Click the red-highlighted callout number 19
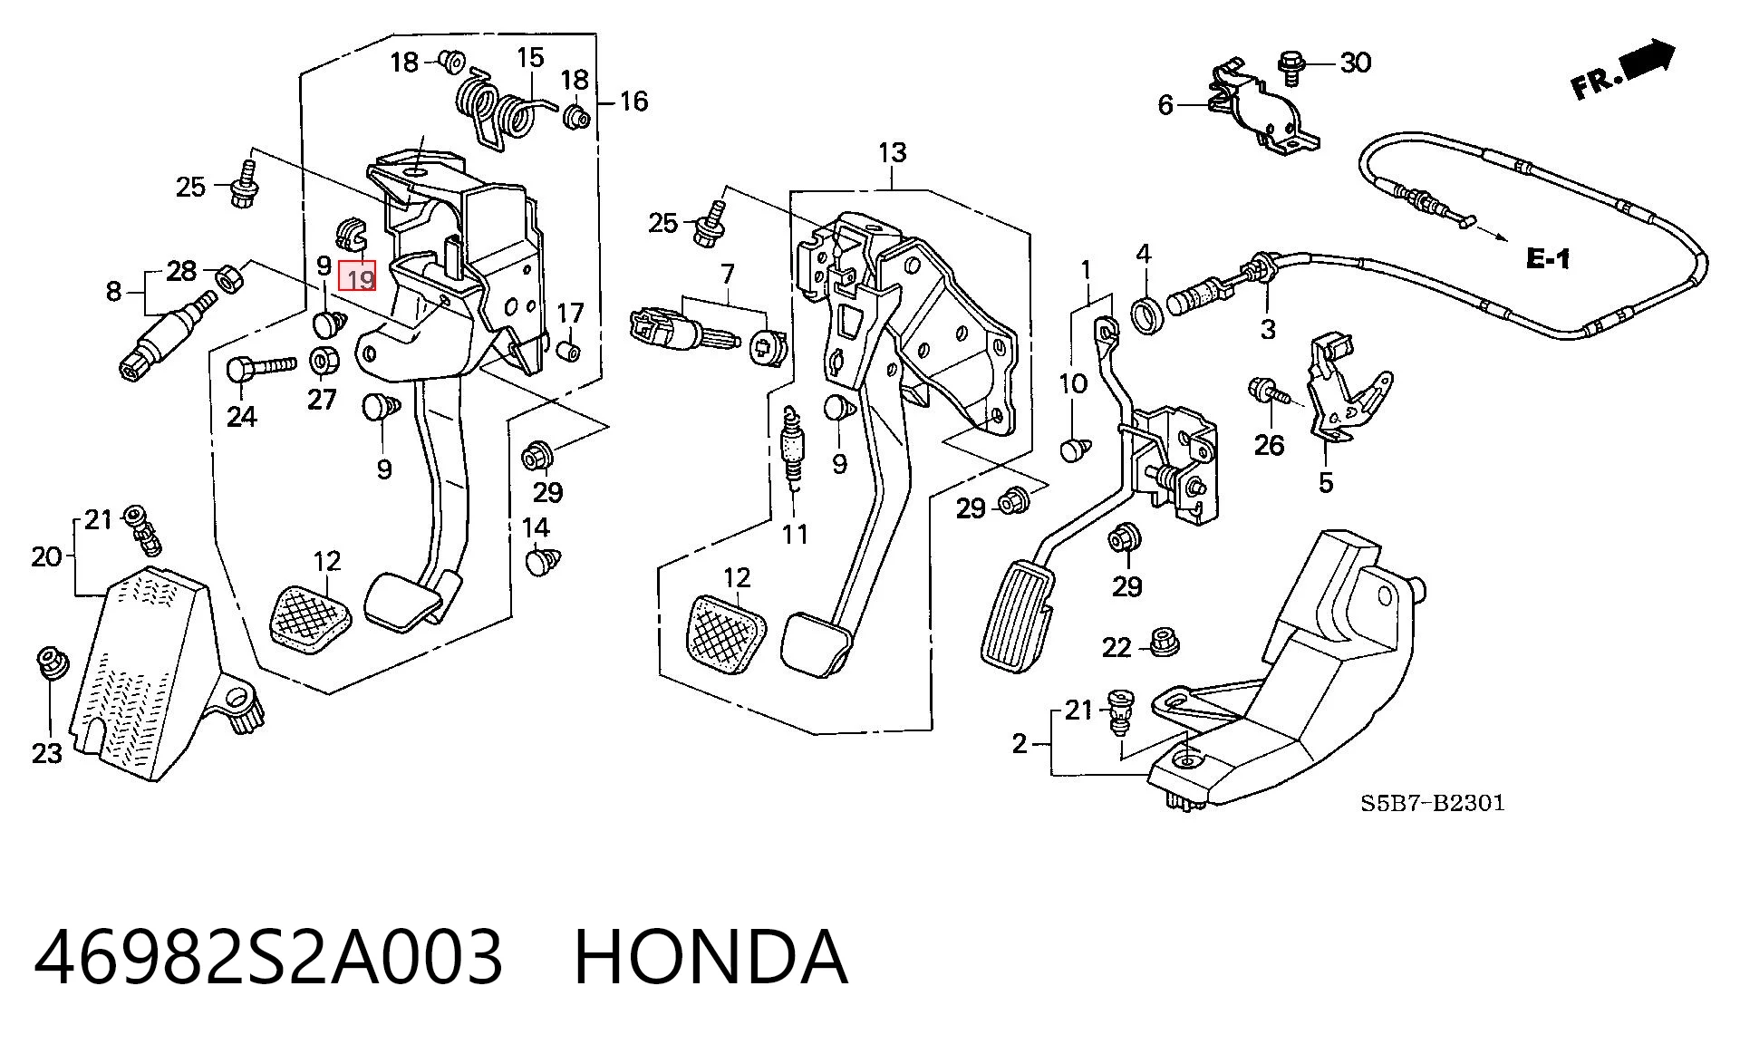(x=357, y=276)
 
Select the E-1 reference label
(x=1548, y=259)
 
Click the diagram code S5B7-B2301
(x=1433, y=803)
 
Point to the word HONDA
(x=711, y=957)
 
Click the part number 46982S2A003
(x=268, y=957)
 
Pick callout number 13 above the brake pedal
(x=892, y=152)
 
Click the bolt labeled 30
(x=1290, y=67)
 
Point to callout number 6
(x=1165, y=106)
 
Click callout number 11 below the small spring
(x=795, y=534)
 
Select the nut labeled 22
(x=1163, y=643)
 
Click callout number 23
(x=47, y=753)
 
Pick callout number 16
(x=633, y=101)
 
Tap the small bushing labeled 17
(x=569, y=350)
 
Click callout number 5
(x=1326, y=482)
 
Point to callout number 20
(x=46, y=556)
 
